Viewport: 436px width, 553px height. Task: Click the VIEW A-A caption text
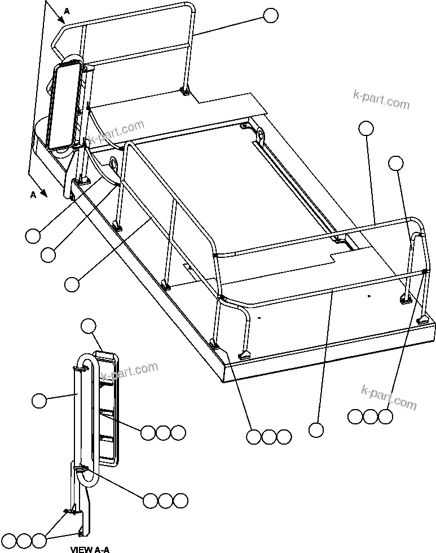click(x=90, y=548)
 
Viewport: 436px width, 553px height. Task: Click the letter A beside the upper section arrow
click(x=67, y=11)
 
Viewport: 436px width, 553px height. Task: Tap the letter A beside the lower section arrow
click(x=33, y=194)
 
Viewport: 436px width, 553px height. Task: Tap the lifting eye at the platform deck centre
click(x=261, y=136)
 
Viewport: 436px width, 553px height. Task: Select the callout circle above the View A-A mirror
click(x=89, y=326)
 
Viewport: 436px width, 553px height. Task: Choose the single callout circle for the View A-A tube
click(x=39, y=401)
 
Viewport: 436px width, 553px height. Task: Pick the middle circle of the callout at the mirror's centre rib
click(x=163, y=433)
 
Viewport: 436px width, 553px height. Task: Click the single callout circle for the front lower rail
click(x=316, y=430)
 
